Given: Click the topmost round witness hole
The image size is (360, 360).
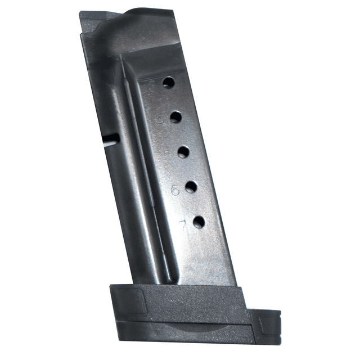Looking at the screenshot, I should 169,83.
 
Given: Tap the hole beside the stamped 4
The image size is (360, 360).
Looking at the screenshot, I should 176,117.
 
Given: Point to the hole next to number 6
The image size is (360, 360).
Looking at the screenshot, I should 191,187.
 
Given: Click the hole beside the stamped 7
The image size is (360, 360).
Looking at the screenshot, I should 199,222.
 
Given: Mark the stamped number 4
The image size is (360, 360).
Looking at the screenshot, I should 160,120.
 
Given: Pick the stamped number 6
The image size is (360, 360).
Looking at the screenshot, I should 175,191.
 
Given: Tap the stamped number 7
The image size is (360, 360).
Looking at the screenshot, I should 182,225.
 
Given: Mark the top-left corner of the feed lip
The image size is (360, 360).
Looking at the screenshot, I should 82,13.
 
